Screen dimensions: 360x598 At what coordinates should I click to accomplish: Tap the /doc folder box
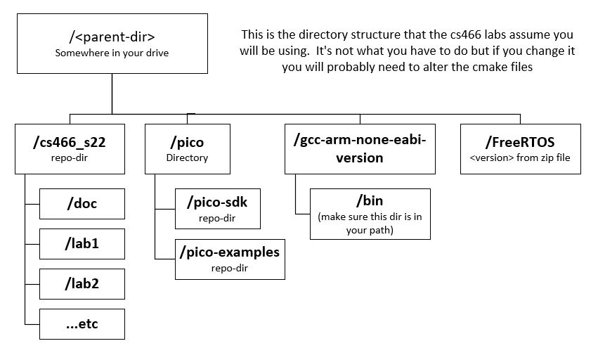82,204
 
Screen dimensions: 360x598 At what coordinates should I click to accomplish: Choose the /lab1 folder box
82,244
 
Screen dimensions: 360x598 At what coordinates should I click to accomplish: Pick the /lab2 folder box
82,283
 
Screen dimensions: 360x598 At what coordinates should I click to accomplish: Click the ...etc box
82,324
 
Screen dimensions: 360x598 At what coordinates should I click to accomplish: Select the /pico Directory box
187,148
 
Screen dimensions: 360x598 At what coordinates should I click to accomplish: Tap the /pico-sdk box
217,209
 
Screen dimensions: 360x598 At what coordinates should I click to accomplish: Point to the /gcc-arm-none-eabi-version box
359,148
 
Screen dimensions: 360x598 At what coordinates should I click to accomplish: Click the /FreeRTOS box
521,148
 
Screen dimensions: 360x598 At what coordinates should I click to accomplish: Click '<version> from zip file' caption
521,157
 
